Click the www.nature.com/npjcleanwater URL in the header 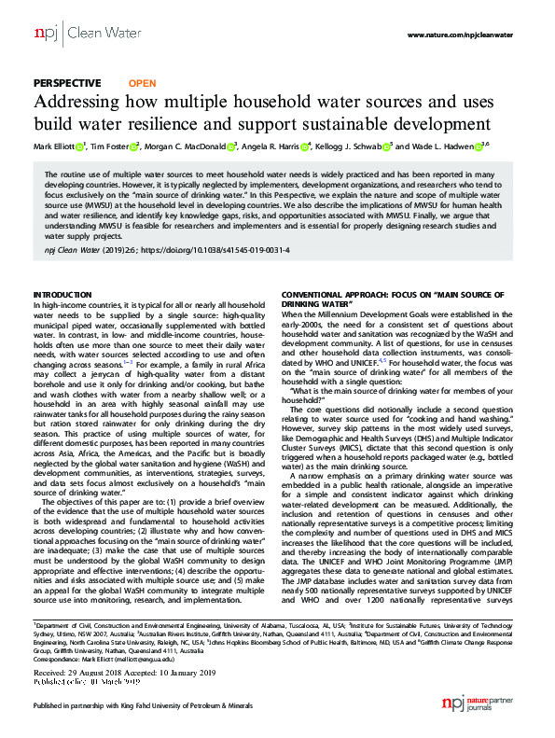point(461,35)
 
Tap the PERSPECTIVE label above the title point(68,83)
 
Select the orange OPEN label point(142,83)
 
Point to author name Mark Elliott point(54,146)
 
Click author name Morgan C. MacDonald point(187,146)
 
